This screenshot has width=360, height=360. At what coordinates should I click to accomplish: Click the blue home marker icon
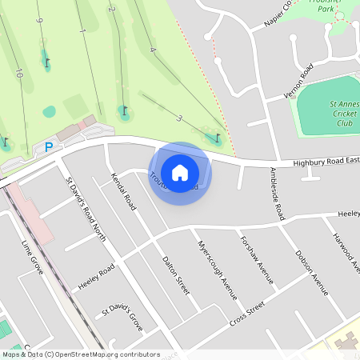point(180,173)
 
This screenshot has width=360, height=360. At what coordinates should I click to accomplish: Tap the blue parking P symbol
point(48,147)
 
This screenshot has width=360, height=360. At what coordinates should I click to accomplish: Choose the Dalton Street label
point(175,274)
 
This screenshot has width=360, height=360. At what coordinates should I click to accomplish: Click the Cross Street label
point(246,314)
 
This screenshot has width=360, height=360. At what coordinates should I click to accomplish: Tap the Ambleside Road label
point(277,194)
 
